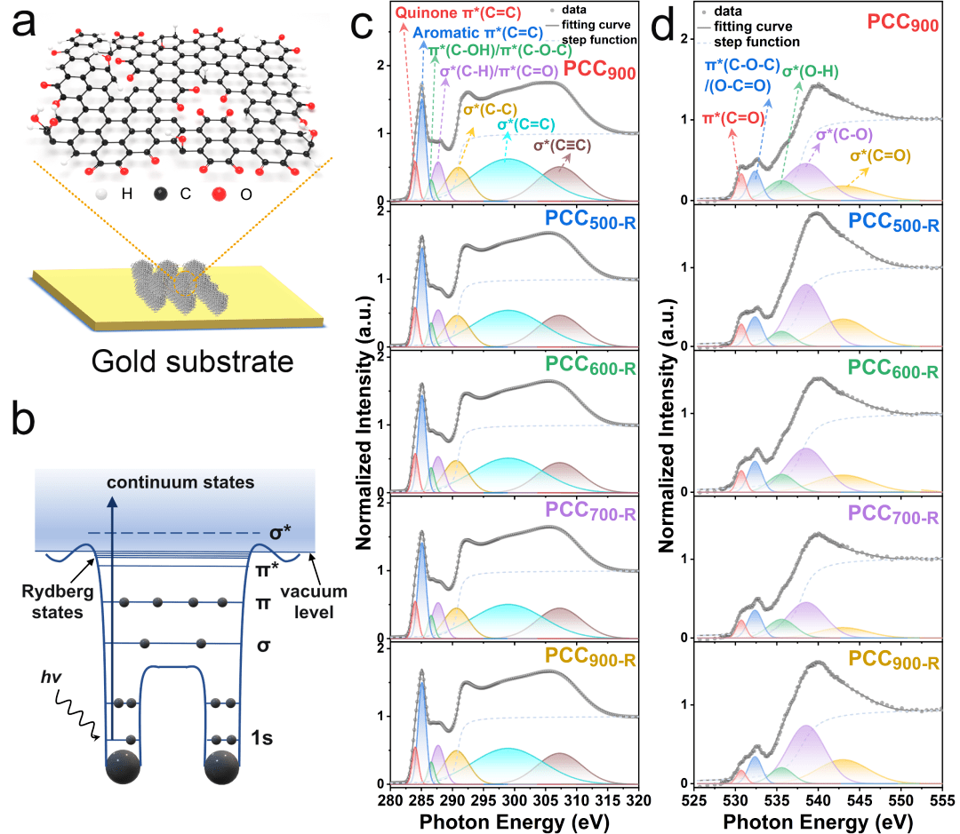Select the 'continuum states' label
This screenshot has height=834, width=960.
coord(180,481)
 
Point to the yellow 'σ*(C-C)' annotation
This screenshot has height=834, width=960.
coord(484,110)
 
